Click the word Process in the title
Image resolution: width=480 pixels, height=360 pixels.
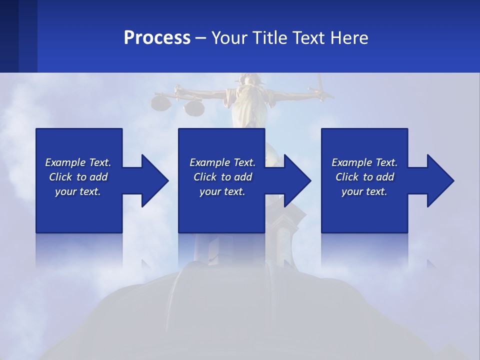click(x=157, y=38)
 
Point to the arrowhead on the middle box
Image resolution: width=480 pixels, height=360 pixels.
click(x=295, y=180)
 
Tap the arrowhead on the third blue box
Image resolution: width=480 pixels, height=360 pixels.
click(x=438, y=180)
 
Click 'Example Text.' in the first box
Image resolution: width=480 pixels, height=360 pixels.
click(x=78, y=162)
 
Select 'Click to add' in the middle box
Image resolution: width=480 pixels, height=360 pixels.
click(x=222, y=177)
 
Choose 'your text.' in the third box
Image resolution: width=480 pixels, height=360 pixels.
click(x=364, y=191)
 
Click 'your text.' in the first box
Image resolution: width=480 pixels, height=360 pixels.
click(x=78, y=191)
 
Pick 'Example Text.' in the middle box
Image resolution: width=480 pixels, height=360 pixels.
click(x=222, y=162)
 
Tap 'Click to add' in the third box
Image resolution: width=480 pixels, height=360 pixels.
click(x=364, y=177)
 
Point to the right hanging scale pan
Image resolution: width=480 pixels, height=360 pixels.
click(x=193, y=107)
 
